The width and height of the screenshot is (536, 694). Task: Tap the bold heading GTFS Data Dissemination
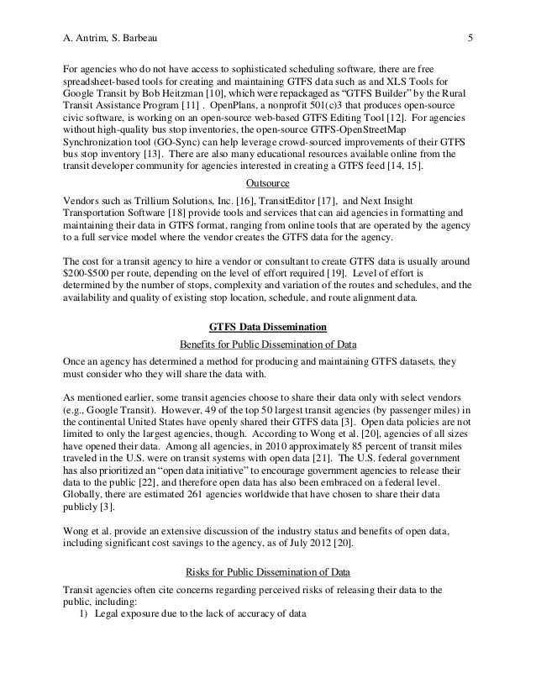click(x=267, y=327)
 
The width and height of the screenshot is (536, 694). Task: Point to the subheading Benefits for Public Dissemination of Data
click(x=267, y=344)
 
